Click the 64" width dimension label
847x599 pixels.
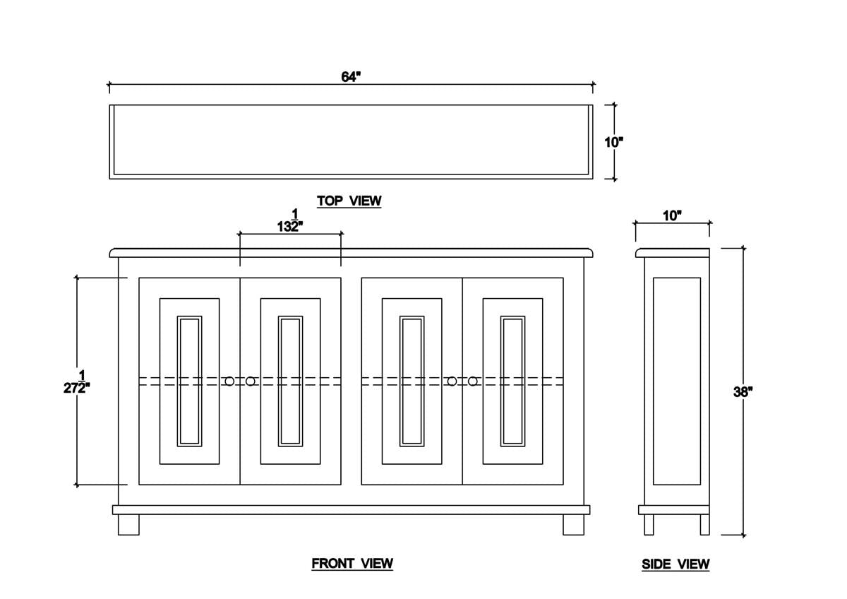pos(351,77)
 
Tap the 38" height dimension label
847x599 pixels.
pos(743,392)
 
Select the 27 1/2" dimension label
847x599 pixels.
pos(77,382)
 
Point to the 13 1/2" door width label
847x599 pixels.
pos(290,220)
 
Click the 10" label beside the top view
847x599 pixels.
pos(613,143)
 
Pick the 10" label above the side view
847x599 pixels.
pos(672,216)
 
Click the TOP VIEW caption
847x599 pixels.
pos(349,201)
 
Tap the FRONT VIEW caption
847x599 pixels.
pos(352,564)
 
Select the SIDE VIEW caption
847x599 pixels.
pos(675,564)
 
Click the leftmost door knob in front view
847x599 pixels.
pos(229,381)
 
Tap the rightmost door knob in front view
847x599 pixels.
pos(473,381)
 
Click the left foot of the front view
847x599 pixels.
pos(128,524)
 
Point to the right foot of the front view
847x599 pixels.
pos(574,524)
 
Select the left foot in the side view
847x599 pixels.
pos(649,524)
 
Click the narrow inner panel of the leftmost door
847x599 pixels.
pos(189,381)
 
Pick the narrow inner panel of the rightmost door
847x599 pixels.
pos(512,381)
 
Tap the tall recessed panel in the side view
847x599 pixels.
pos(677,381)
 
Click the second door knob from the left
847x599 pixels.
pos(251,381)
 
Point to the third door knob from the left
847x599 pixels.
pos(452,381)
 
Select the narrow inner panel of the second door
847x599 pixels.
pos(290,381)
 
